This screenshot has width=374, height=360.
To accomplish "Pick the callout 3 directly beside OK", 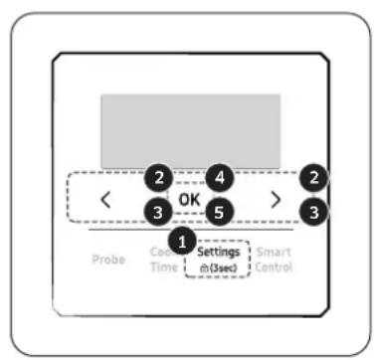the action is pos(156,211).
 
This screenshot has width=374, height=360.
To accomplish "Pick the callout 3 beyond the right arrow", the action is pos(317,211).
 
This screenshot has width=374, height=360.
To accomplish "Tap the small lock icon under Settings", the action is pos(203,269).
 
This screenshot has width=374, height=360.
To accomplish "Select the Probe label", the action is pos(109,261).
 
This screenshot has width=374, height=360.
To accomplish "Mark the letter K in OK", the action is pos(197,199).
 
